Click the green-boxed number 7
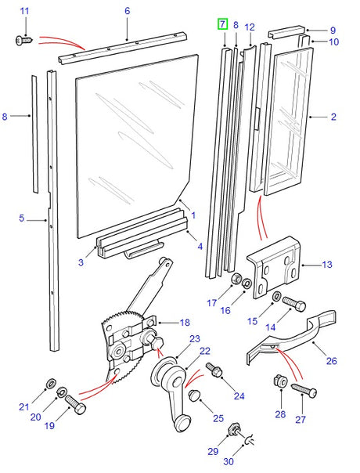click(x=223, y=25)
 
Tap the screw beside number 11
click(x=23, y=38)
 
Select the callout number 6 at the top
click(x=127, y=11)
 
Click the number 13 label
click(x=327, y=265)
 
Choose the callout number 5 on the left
click(x=23, y=221)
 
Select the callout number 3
click(x=80, y=262)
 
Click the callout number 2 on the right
click(x=333, y=117)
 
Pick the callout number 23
click(x=195, y=339)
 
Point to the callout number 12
click(x=250, y=27)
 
